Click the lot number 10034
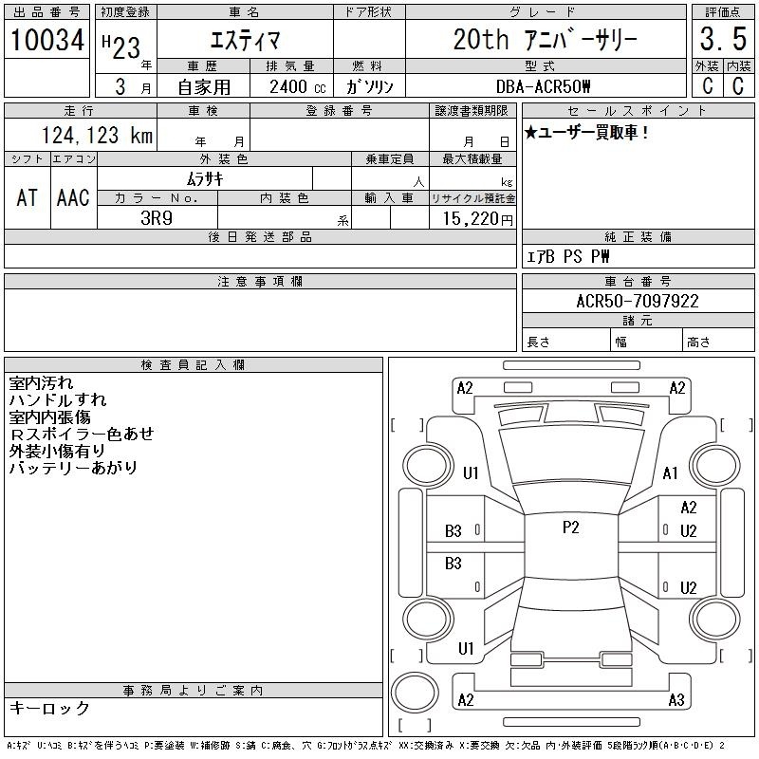46,40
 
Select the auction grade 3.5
723,39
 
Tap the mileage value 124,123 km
97,135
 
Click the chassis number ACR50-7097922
638,301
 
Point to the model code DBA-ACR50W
543,86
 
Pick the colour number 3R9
157,218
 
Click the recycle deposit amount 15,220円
478,219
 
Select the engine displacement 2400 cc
298,87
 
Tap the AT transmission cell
28,197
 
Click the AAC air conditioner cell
73,197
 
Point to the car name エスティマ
245,40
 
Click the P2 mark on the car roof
571,528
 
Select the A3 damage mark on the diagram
676,699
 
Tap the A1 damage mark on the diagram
671,472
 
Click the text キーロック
49,708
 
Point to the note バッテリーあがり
73,468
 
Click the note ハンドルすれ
58,399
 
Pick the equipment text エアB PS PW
567,256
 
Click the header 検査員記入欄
193,365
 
